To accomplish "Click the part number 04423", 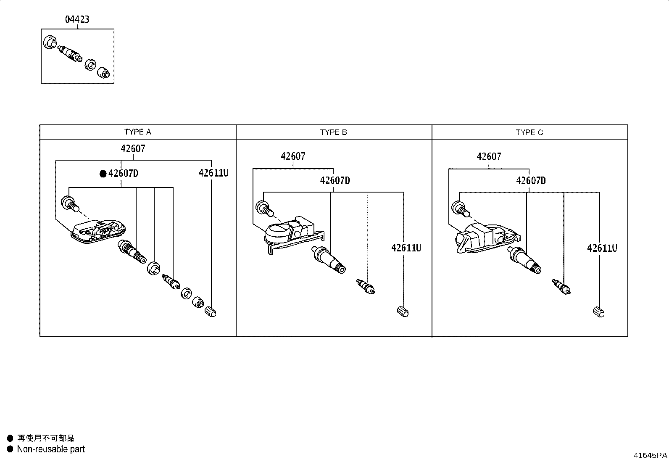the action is (x=77, y=19).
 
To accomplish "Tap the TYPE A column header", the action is (x=138, y=132).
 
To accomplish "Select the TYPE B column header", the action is (x=334, y=132).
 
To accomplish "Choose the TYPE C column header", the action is (x=529, y=132).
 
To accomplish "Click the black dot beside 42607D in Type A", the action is (x=103, y=174).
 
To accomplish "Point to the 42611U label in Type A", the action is (x=213, y=173).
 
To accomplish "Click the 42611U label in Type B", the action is (x=406, y=248).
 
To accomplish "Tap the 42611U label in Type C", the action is (x=602, y=248).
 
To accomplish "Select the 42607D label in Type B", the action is (x=335, y=180).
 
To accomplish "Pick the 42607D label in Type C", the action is (x=531, y=180).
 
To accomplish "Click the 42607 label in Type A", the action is (x=133, y=148).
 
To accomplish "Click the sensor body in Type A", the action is (x=98, y=232).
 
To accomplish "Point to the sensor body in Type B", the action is (x=294, y=235).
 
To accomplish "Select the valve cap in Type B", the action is (x=403, y=312).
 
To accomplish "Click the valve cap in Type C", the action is (x=598, y=312).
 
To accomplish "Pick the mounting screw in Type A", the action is (x=70, y=204).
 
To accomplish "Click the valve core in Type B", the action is (x=366, y=286).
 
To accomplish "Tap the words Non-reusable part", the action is (x=51, y=449).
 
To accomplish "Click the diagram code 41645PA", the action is (x=650, y=455).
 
